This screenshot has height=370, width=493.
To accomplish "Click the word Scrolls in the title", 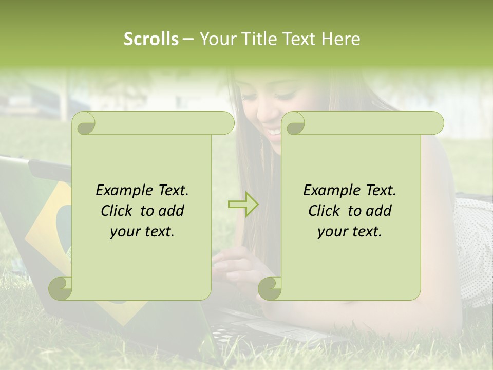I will click(151, 39).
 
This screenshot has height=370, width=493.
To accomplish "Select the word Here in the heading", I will click(341, 39).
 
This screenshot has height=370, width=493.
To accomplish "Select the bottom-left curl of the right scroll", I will click(270, 288).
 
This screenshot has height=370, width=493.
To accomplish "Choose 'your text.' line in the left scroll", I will click(142, 232).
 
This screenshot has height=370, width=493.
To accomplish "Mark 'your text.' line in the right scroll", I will click(350, 232).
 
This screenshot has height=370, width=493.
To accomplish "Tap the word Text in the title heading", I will click(299, 39).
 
